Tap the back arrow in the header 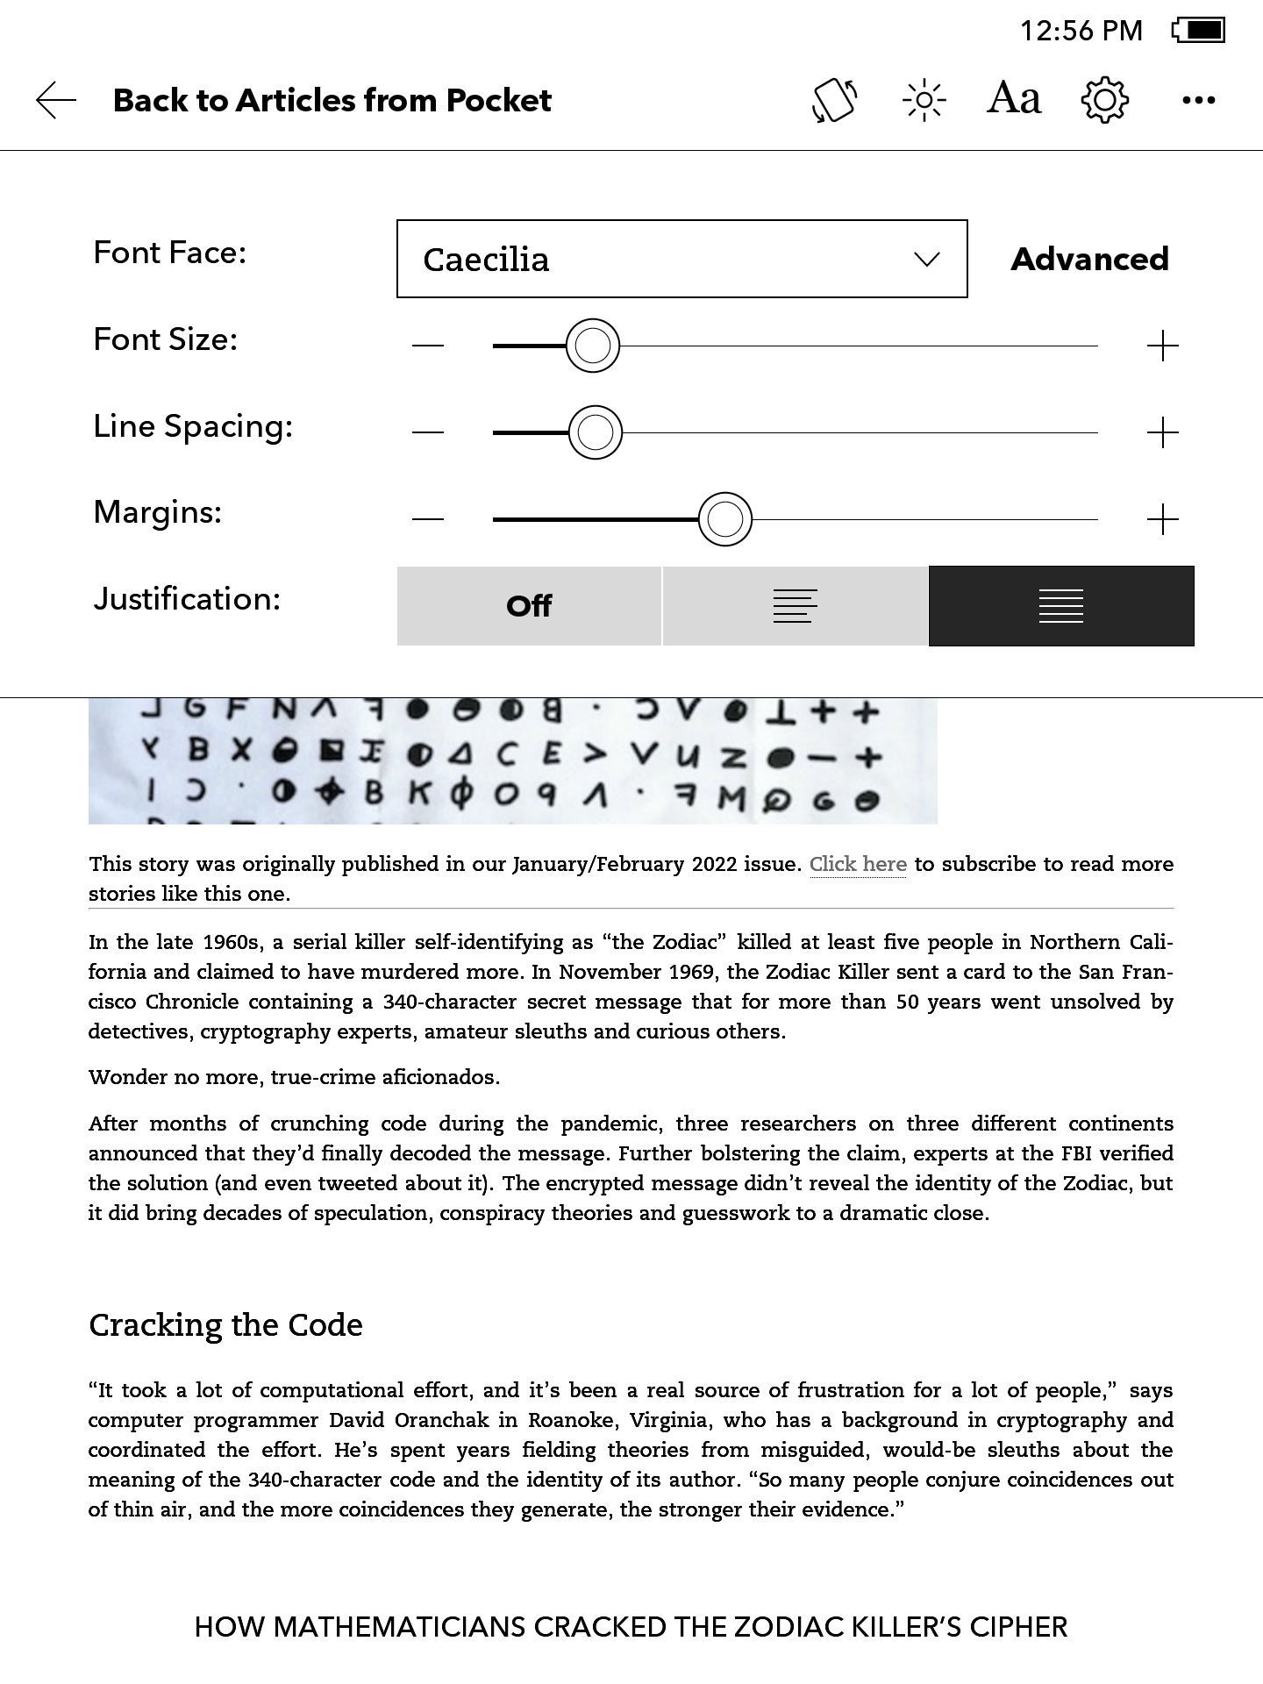click(x=56, y=100)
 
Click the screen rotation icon click(x=834, y=100)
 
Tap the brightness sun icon click(x=924, y=100)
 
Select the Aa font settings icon click(x=1014, y=98)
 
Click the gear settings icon click(x=1104, y=100)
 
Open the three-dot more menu click(x=1198, y=100)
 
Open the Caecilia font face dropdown click(x=681, y=259)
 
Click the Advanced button click(x=1089, y=259)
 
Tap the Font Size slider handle click(x=593, y=346)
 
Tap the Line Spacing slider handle click(x=596, y=432)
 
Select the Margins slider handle click(x=725, y=519)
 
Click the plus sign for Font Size click(x=1162, y=346)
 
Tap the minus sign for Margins click(x=428, y=519)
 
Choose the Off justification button click(x=529, y=606)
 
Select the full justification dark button click(x=1061, y=606)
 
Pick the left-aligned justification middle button click(x=795, y=606)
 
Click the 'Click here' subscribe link click(x=858, y=864)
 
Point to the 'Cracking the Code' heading click(x=225, y=1324)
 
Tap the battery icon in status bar click(x=1199, y=31)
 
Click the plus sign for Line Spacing click(x=1162, y=432)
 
